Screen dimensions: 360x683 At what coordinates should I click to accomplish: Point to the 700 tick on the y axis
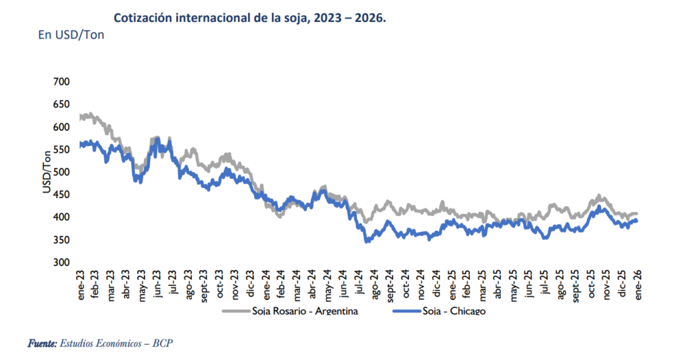(60, 81)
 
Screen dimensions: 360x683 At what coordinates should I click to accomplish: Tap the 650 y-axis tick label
(60, 105)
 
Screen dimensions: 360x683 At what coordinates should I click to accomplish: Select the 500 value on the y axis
(60, 172)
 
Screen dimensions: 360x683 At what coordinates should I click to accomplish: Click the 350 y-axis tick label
(60, 240)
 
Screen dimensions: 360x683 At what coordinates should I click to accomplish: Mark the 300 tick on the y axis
(60, 263)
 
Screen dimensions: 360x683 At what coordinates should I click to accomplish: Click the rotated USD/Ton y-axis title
(47, 173)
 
